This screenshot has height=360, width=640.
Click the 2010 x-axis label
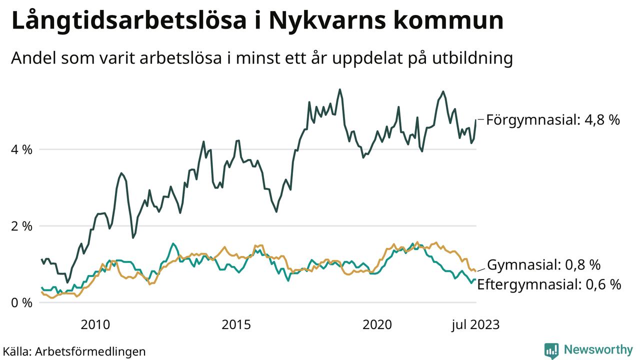tap(95, 325)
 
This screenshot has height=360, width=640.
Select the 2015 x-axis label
tap(236, 325)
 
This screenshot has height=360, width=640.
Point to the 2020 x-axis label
tap(377, 325)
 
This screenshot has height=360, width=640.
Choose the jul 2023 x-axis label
tap(475, 325)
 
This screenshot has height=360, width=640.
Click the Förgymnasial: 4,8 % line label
tap(553, 120)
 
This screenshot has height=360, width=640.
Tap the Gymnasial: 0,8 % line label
tap(544, 265)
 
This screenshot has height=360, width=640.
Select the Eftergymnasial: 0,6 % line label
tap(549, 285)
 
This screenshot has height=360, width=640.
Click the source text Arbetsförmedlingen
tap(90, 351)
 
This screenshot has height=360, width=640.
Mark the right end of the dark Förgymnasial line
tap(475, 120)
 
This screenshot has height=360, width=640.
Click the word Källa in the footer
tap(16, 351)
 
